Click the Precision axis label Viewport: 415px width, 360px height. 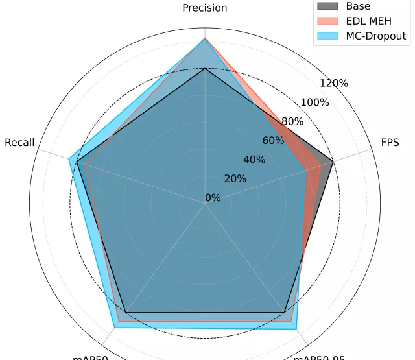tap(205, 8)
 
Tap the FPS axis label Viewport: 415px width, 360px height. tap(390, 143)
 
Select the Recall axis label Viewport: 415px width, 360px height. tap(19, 143)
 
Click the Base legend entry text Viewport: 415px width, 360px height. tap(359, 6)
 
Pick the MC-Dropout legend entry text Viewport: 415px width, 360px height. tap(376, 36)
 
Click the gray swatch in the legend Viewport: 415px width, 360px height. tap(327, 6)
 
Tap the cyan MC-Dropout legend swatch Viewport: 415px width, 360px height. tap(327, 36)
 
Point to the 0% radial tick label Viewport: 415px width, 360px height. tap(212, 198)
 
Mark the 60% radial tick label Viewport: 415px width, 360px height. tap(273, 141)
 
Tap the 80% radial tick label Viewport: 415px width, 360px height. tap(292, 121)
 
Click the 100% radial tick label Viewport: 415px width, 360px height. tap(314, 102)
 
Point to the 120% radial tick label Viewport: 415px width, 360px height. tap(334, 83)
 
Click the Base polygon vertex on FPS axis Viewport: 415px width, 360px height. tap(333, 161)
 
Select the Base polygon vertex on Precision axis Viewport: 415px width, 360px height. tap(205, 68)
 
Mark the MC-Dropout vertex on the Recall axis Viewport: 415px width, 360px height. tap(69, 158)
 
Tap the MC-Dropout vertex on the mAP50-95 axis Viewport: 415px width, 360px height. tap(297, 329)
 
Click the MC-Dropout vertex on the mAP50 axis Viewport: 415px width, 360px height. tap(113, 328)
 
